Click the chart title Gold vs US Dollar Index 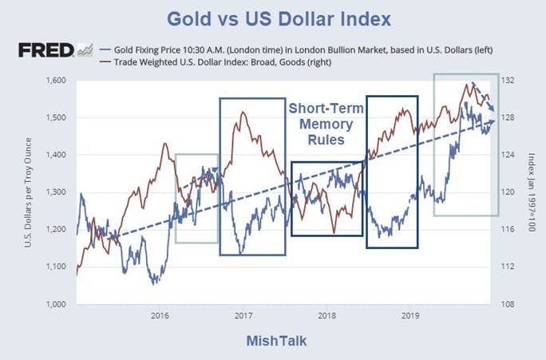tap(272, 18)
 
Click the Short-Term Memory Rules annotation tap(326, 123)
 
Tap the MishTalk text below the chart tap(275, 341)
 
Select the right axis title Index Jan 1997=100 tap(529, 192)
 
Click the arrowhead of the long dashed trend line tap(494, 121)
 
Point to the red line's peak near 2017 tap(242, 112)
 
